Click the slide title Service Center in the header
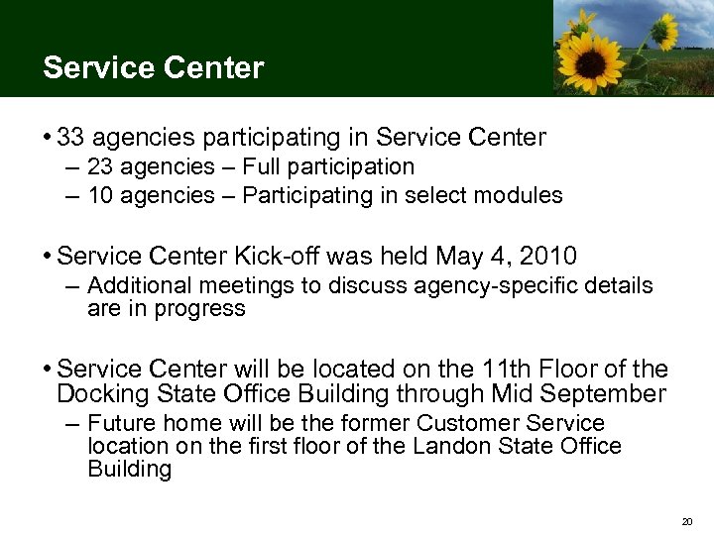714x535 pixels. coord(154,68)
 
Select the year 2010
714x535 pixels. coord(548,258)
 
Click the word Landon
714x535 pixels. coord(444,446)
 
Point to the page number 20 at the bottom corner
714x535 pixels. coord(686,520)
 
